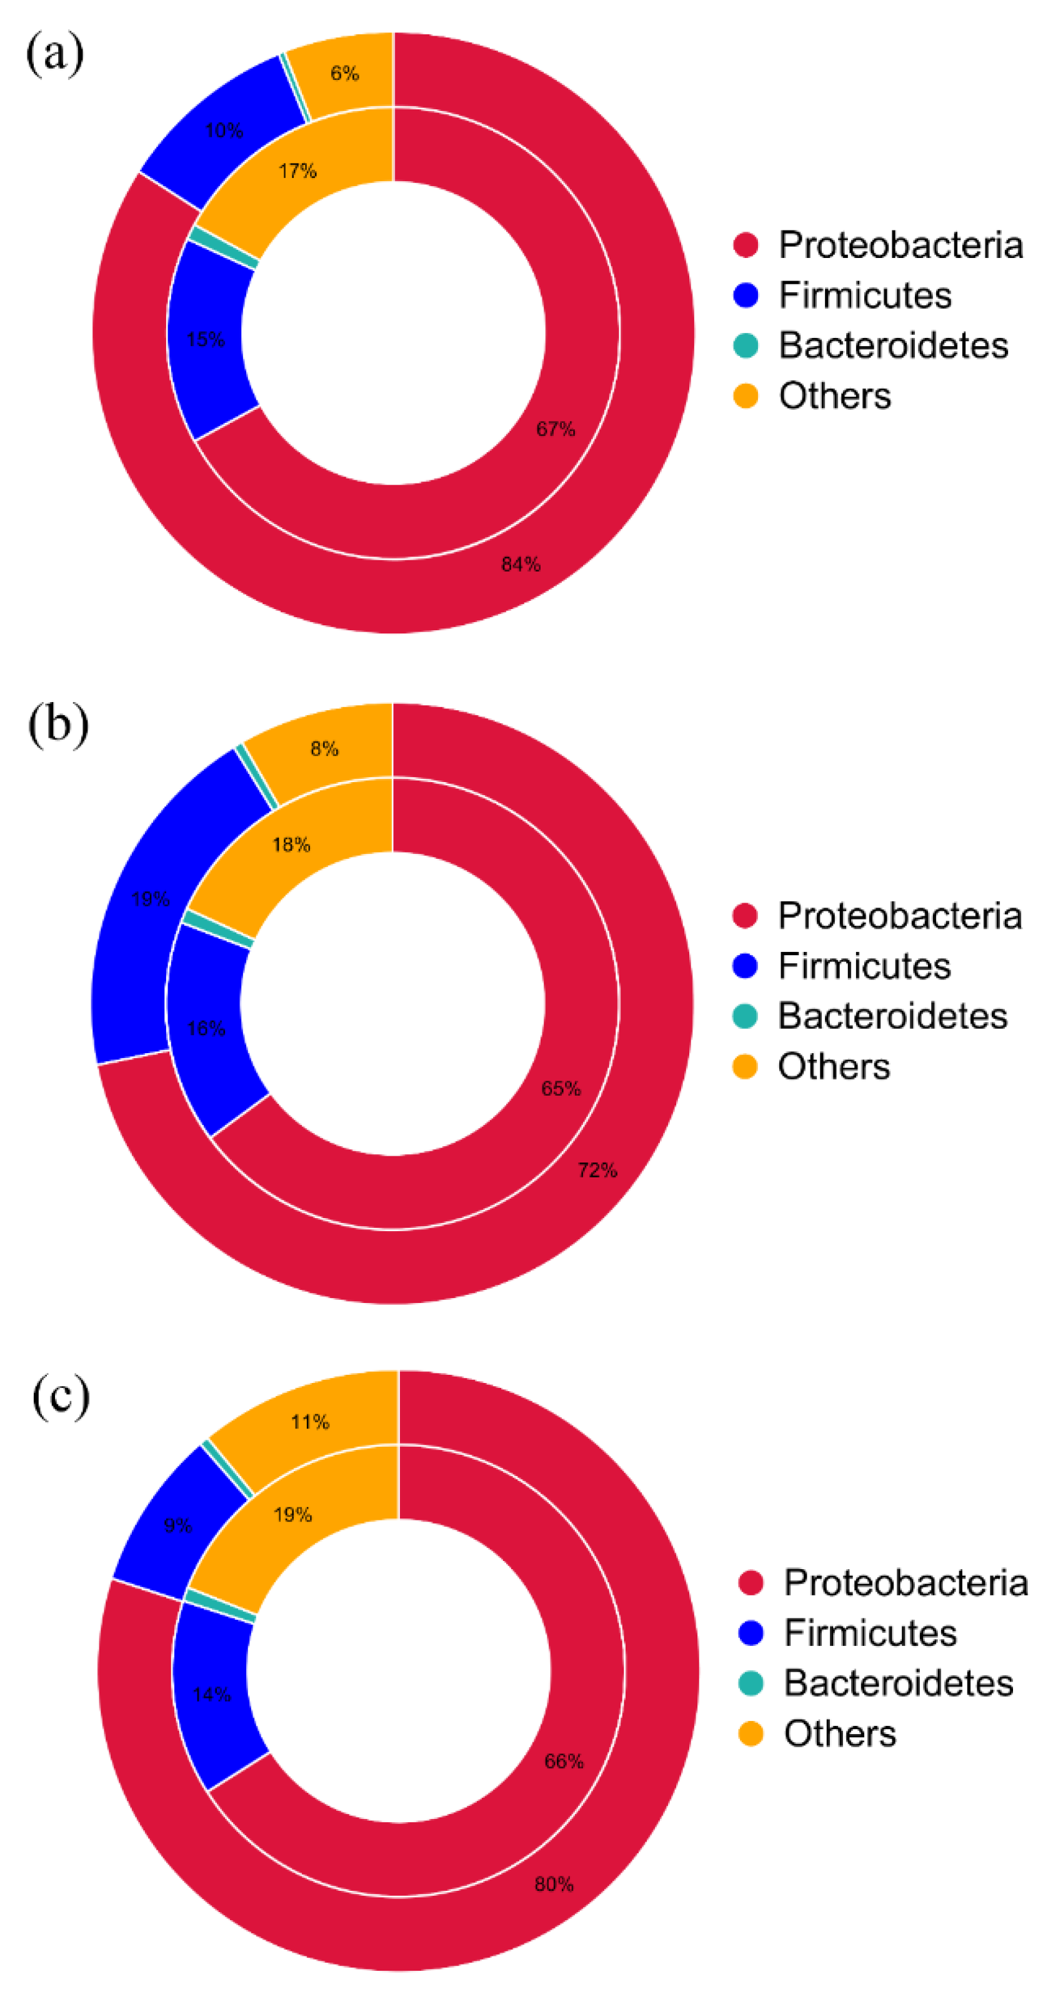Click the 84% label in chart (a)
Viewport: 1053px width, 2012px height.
tap(520, 564)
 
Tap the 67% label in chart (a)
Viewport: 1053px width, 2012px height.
tap(556, 429)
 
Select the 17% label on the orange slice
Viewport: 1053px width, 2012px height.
tap(297, 171)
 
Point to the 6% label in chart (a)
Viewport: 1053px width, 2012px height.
tap(344, 74)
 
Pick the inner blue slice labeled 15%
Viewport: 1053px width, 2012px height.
tap(206, 340)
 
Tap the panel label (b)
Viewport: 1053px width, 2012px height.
tap(57, 724)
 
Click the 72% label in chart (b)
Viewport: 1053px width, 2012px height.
tap(597, 1170)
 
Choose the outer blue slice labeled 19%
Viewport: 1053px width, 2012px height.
tap(151, 899)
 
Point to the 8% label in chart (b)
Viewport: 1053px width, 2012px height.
tap(324, 749)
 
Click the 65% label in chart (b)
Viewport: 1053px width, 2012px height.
tap(561, 1089)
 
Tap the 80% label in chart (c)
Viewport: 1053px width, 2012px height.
tap(554, 1885)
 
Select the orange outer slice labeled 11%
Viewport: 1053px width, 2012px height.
tap(310, 1422)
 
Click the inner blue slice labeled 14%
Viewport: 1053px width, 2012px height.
tap(212, 1695)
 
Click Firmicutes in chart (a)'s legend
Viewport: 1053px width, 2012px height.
tap(865, 295)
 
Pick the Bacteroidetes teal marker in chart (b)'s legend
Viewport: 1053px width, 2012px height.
tap(745, 1016)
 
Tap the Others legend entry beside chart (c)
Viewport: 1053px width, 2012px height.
tap(839, 1735)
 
